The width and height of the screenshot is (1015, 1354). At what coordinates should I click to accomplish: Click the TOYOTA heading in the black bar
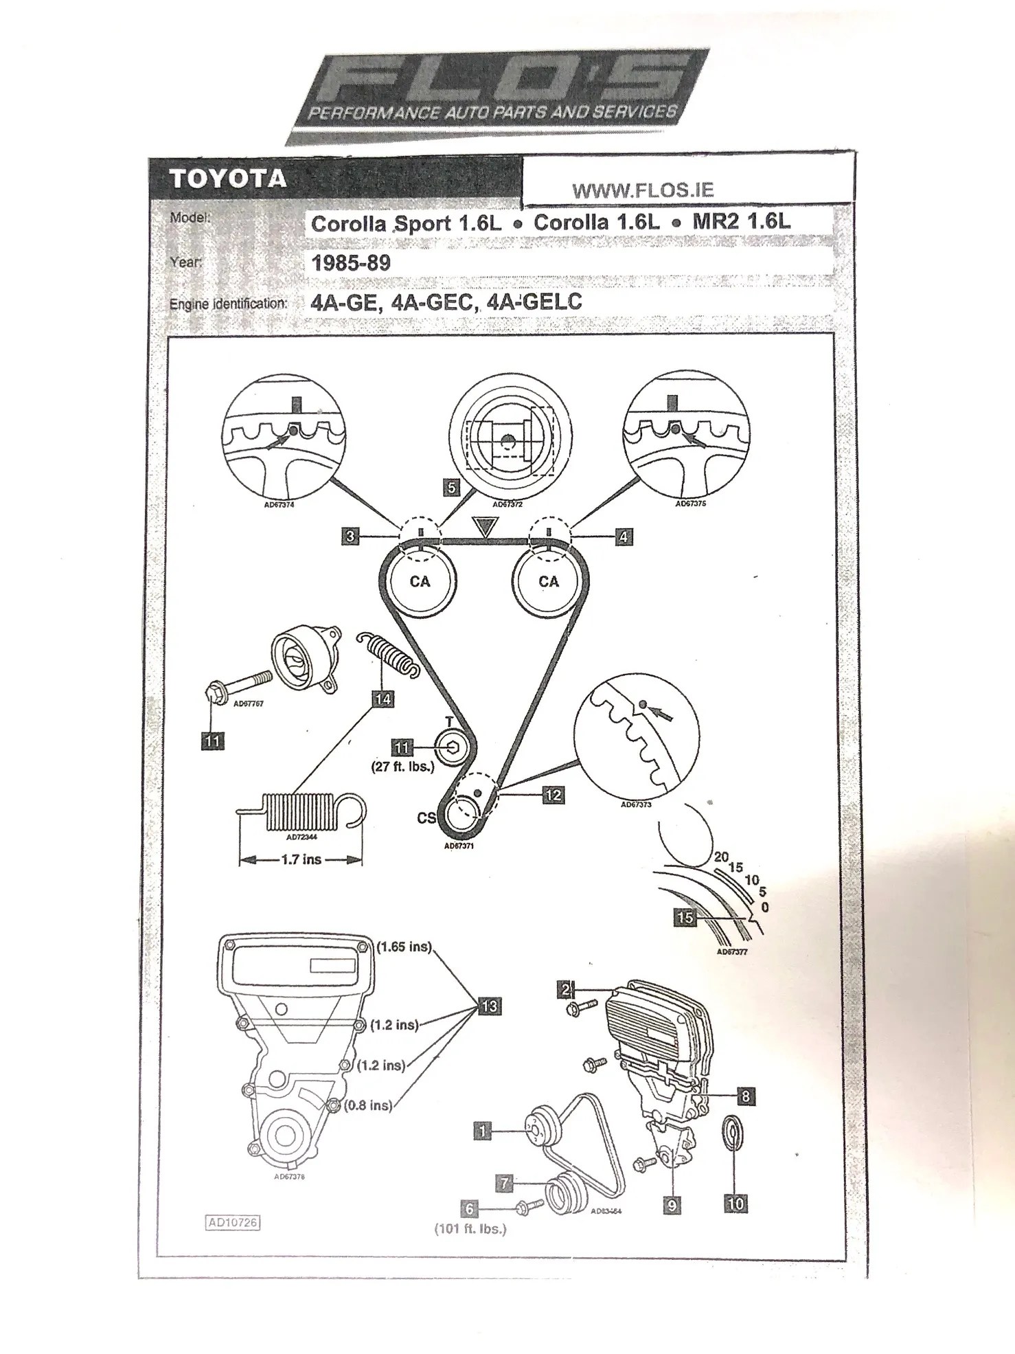(227, 179)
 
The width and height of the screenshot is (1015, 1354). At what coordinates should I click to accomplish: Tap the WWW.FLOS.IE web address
(643, 190)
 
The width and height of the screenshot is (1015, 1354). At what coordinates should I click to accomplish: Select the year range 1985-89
(351, 263)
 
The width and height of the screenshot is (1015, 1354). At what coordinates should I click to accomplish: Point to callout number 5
(451, 488)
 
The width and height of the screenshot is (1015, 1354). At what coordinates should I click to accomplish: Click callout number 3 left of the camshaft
(350, 536)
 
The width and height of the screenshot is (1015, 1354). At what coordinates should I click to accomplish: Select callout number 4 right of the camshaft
(623, 537)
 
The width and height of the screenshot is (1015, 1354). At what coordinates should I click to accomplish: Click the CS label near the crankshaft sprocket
(426, 818)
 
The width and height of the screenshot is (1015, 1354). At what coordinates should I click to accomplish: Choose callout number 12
(552, 795)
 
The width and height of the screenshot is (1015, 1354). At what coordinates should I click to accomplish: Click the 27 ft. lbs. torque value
(403, 767)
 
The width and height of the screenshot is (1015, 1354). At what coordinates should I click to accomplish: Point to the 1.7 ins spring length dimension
(301, 859)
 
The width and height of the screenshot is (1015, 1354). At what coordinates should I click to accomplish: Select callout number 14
(383, 699)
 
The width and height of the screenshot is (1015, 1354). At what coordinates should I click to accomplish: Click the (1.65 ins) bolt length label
(404, 947)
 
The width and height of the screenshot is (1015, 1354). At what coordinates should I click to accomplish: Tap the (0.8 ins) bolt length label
(369, 1105)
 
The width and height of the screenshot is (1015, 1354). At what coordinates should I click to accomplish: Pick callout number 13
(489, 1006)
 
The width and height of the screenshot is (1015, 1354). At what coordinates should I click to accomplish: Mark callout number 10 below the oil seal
(735, 1203)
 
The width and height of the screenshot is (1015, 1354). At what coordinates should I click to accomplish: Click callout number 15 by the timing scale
(685, 917)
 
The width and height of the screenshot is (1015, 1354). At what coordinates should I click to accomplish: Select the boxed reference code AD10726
(233, 1222)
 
